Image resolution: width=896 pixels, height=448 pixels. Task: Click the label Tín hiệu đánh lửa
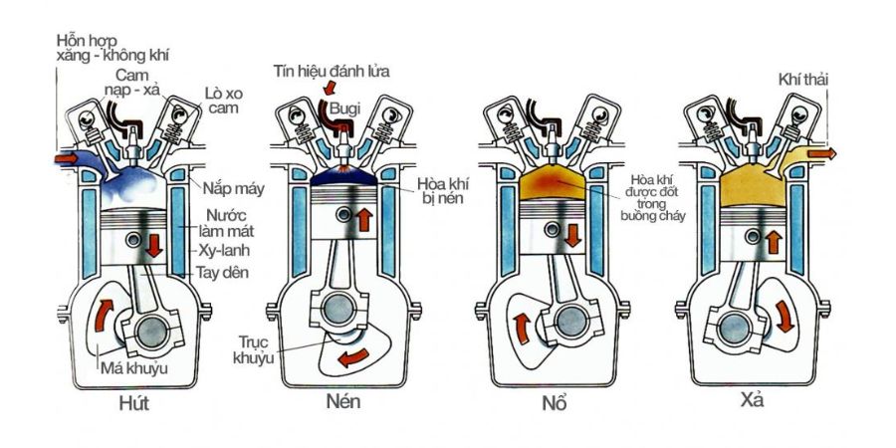333,70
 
